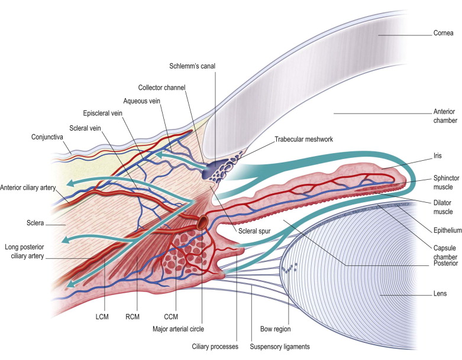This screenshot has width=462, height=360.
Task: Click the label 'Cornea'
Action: click(x=443, y=34)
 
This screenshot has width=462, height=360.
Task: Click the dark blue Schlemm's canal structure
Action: click(x=211, y=171)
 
